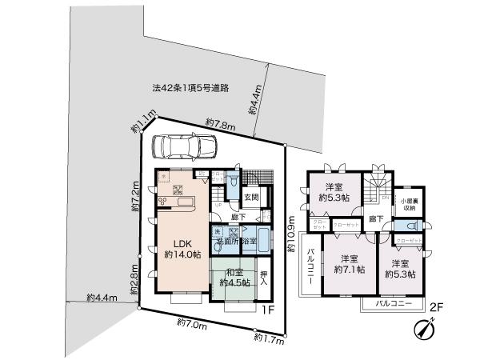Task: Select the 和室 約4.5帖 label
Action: pos(232,276)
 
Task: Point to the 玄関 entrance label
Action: pos(250,197)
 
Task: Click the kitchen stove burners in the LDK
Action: pos(163,201)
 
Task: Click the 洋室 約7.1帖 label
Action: pos(348,264)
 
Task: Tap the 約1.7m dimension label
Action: pos(268,339)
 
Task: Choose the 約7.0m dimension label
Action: pos(191,324)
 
